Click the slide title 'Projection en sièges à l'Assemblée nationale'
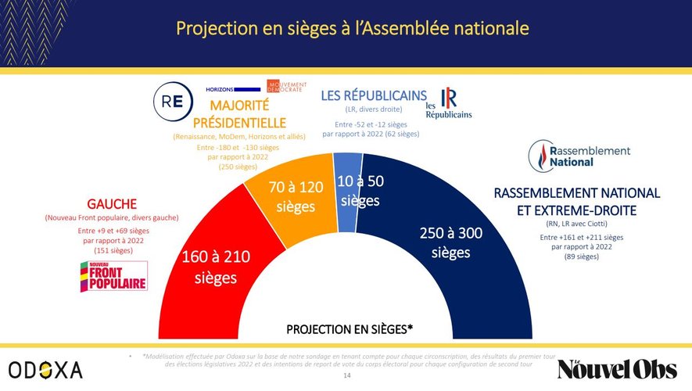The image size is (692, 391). (353, 29)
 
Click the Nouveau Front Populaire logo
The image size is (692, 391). (113, 276)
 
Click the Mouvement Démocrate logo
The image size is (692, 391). (287, 87)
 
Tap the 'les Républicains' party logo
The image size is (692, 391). (449, 104)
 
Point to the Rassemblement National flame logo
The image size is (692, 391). (542, 154)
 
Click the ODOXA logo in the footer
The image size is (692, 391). (45, 370)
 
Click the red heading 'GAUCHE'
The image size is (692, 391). (113, 202)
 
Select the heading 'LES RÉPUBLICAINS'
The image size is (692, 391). (374, 95)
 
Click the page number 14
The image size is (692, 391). (347, 377)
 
